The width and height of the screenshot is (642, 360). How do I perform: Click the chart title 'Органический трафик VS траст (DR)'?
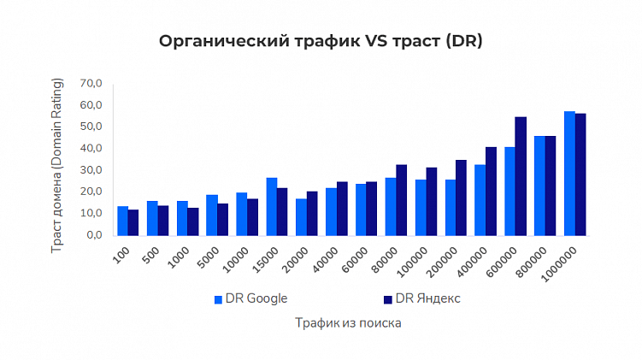pyautogui.click(x=321, y=42)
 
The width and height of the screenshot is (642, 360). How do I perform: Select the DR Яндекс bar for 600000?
pyautogui.click(x=521, y=175)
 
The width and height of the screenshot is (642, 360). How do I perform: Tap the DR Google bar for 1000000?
pyautogui.click(x=569, y=173)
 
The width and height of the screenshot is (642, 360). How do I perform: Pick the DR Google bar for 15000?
pyautogui.click(x=272, y=206)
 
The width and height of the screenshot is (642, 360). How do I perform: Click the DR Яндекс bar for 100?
pyautogui.click(x=133, y=221)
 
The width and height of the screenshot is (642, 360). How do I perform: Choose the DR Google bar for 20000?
pyautogui.click(x=301, y=216)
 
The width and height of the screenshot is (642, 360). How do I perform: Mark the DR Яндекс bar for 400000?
pyautogui.click(x=491, y=191)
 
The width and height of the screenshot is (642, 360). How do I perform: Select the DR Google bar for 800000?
pyautogui.click(x=539, y=185)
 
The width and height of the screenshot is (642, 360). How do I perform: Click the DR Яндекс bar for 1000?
pyautogui.click(x=193, y=221)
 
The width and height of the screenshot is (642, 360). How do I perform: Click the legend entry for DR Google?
pyautogui.click(x=250, y=298)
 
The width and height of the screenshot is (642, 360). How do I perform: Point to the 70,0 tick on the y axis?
pyautogui.click(x=91, y=84)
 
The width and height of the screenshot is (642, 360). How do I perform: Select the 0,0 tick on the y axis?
pyautogui.click(x=93, y=234)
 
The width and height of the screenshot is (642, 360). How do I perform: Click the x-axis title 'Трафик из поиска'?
pyautogui.click(x=348, y=323)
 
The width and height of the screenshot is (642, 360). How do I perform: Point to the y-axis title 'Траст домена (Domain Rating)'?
pyautogui.click(x=59, y=158)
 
